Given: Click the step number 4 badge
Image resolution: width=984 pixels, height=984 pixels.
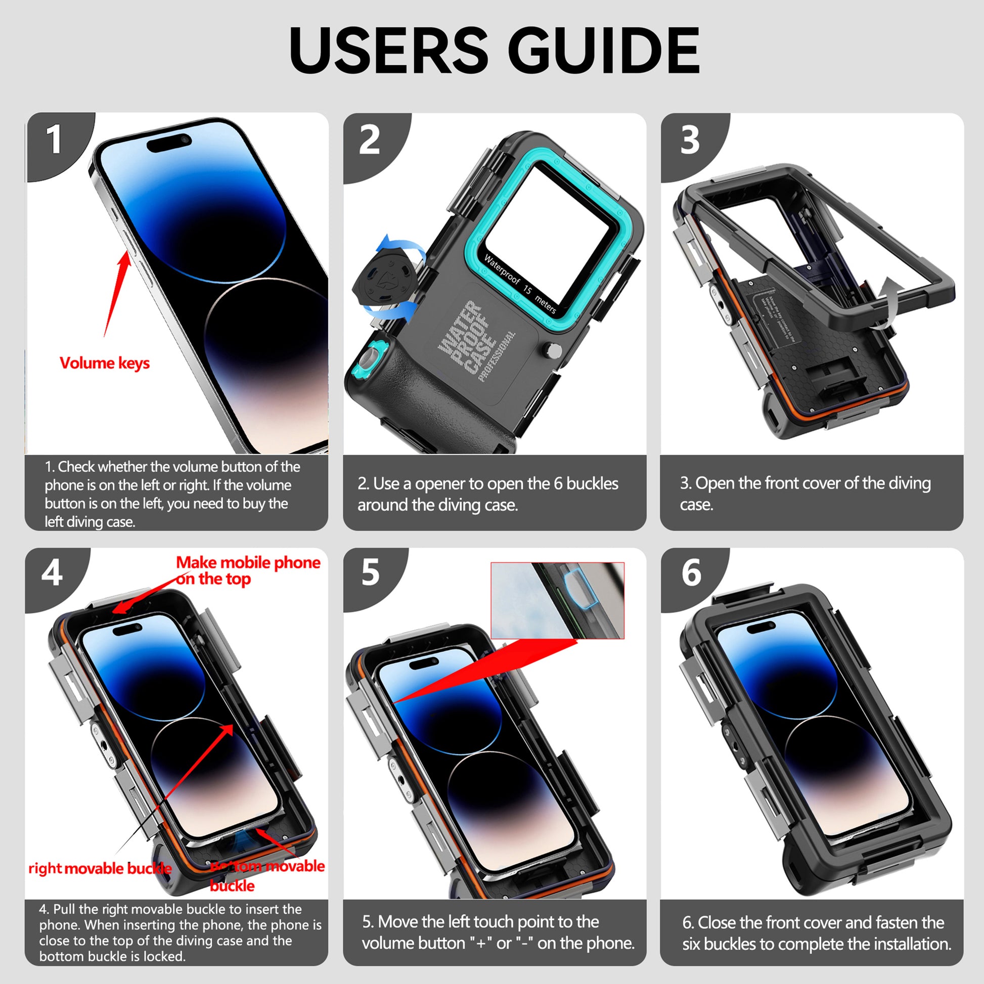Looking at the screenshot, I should pos(52,572).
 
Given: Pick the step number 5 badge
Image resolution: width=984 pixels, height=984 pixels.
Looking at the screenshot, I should pos(370,572).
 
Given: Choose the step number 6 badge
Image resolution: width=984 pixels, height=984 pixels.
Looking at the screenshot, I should pos(691,572).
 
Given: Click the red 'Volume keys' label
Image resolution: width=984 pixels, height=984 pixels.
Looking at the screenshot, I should pos(104,363).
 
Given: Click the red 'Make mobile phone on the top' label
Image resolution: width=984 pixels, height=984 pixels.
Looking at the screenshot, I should pos(248,570).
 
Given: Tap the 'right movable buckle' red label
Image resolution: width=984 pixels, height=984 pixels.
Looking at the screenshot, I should pos(99,868).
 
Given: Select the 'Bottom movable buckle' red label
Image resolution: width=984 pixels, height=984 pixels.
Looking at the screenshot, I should pos(267,876).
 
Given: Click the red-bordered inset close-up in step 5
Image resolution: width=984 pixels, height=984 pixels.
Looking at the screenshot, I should pos(557,600).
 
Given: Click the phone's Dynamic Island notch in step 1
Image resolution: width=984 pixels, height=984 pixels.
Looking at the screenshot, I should pos(169,143).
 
